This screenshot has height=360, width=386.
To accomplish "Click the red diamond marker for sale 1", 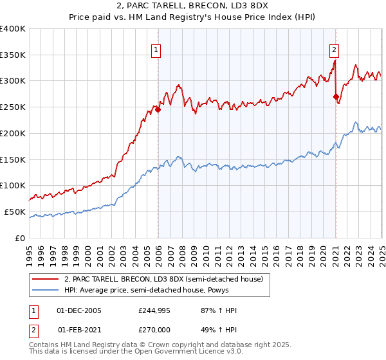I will (158, 109).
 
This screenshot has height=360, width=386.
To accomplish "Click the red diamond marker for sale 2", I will (336, 97).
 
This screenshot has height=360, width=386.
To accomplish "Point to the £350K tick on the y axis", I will (13, 55).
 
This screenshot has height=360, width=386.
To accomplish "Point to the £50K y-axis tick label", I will (15, 212).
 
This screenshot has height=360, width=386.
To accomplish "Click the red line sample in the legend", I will (45, 279).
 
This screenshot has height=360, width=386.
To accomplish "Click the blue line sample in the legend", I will (45, 290).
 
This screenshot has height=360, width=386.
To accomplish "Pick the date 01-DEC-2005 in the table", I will (79, 310).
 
